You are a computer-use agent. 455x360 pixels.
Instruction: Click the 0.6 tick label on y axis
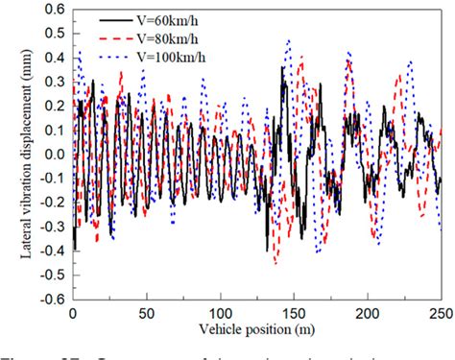pos(52,9)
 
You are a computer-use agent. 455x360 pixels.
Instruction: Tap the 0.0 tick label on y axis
pos(52,154)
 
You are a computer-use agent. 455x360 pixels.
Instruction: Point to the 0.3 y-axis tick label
pos(52,82)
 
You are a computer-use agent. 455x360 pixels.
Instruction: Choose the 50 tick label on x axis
pos(146,313)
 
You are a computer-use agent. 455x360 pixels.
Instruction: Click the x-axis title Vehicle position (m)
pos(257,329)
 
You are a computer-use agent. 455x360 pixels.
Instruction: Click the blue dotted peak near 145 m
pos(288,40)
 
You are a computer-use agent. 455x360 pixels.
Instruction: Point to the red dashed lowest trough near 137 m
pos(275,262)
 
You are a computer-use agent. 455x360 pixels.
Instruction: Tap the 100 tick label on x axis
pos(220,313)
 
